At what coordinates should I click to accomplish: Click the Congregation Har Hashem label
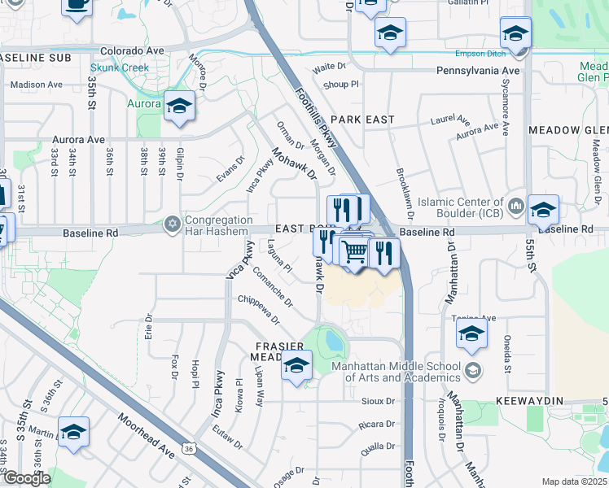pyautogui.click(x=219, y=225)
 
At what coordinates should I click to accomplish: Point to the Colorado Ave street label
pyautogui.click(x=133, y=50)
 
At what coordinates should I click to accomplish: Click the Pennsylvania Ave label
pyautogui.click(x=478, y=71)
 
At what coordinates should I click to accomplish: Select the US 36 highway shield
pyautogui.click(x=189, y=447)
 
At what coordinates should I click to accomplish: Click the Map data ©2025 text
pyautogui.click(x=574, y=481)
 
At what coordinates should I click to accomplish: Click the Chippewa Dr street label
pyautogui.click(x=265, y=307)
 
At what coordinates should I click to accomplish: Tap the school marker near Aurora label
pyautogui.click(x=179, y=107)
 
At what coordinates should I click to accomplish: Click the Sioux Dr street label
pyautogui.click(x=379, y=401)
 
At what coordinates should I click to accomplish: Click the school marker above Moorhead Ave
pyautogui.click(x=73, y=433)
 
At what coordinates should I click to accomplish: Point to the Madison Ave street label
pyautogui.click(x=37, y=84)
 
